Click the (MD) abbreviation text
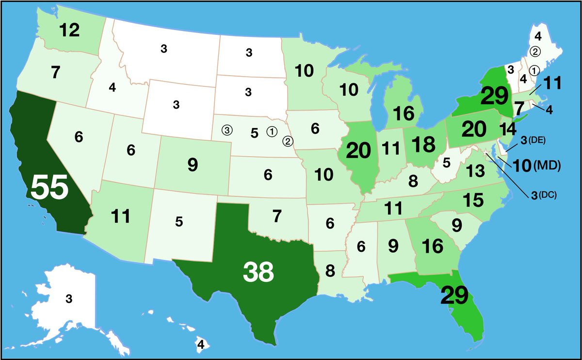click(547, 166)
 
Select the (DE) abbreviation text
click(537, 140)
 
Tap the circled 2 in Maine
click(535, 50)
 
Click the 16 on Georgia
click(433, 246)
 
